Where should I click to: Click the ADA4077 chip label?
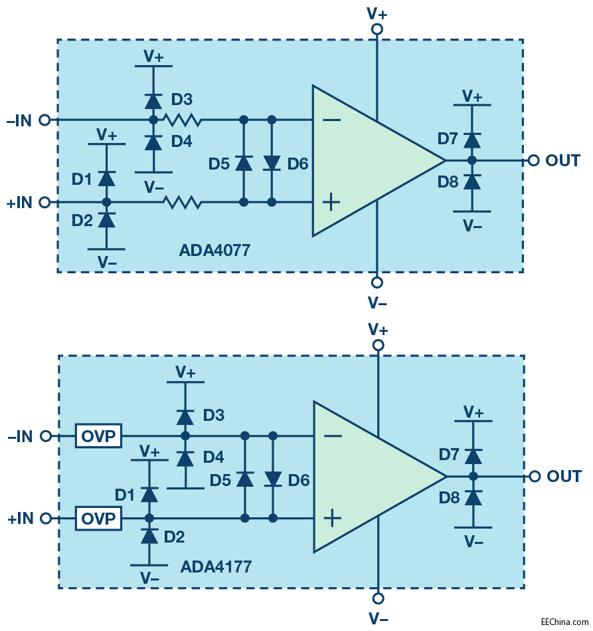[214, 251]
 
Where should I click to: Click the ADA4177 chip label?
[216, 567]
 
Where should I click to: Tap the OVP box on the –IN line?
[98, 436]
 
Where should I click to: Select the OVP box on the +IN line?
[98, 519]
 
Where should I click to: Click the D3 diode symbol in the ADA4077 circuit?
[153, 101]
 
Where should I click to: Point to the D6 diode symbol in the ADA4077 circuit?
[272, 162]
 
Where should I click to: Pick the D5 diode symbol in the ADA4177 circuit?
[245, 479]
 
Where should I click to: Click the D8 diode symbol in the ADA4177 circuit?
[473, 497]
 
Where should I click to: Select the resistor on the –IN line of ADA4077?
[183, 120]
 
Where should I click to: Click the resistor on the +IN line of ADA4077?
[183, 202]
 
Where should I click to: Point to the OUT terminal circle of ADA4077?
[533, 160]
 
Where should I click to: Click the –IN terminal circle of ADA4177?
[45, 436]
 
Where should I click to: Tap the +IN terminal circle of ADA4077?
[44, 202]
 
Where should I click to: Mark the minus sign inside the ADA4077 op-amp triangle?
[332, 120]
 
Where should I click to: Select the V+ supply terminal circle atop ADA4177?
[378, 345]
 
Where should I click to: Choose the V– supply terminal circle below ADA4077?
[377, 282]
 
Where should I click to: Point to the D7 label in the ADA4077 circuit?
[448, 139]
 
